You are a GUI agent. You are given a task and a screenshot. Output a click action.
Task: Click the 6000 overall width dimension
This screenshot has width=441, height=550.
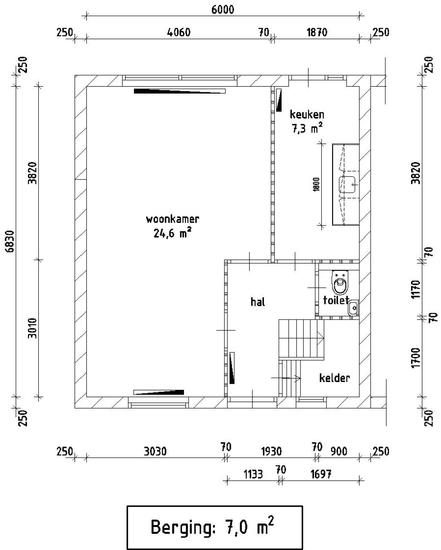click(223, 10)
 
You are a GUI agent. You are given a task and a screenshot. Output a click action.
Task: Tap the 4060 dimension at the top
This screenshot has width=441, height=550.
click(178, 32)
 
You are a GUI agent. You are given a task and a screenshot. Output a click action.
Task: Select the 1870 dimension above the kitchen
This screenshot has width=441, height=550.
click(317, 32)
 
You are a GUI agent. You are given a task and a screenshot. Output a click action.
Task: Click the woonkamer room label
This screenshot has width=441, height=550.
click(173, 219)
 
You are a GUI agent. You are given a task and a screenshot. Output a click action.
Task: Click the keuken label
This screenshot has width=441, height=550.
click(307, 114)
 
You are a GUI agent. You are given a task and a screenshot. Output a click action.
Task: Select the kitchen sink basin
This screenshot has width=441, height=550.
click(347, 184)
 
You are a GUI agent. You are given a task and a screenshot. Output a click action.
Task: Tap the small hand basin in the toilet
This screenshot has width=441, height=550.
click(353, 307)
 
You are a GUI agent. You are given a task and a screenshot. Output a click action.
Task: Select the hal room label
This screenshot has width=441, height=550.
click(258, 302)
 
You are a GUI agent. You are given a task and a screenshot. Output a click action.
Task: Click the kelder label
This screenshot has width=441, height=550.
click(335, 378)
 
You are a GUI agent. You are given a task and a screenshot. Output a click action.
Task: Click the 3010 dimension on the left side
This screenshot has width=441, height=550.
click(32, 328)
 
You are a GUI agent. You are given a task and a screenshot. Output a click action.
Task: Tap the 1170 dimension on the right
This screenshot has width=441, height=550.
click(416, 289)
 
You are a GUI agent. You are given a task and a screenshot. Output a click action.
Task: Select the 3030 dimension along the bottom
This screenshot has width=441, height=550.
click(155, 451)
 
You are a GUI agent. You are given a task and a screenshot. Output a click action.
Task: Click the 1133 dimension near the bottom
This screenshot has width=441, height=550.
click(253, 474)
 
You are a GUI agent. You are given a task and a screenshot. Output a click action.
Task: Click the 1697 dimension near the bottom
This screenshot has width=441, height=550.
click(321, 474)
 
